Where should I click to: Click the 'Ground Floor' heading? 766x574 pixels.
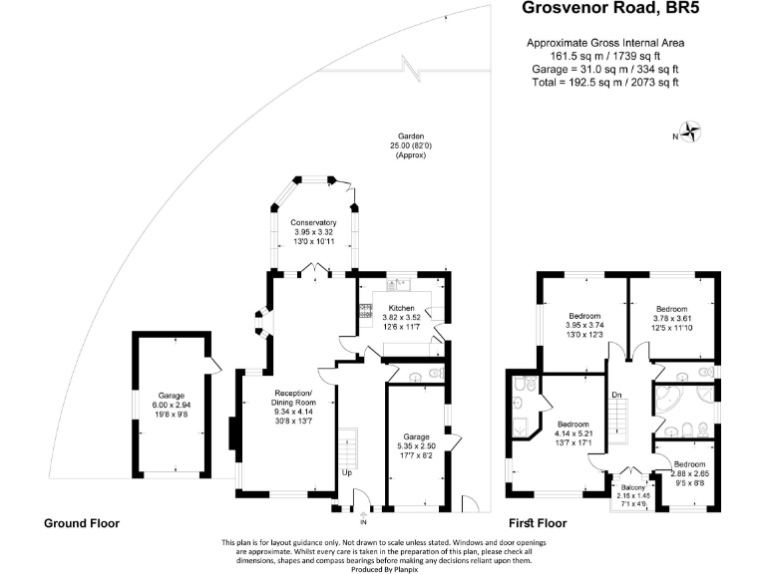[x=81, y=522]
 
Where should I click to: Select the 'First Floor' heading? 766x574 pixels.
[x=538, y=522]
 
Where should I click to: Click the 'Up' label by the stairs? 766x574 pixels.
[x=346, y=472]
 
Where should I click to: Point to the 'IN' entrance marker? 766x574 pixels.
[x=364, y=521]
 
